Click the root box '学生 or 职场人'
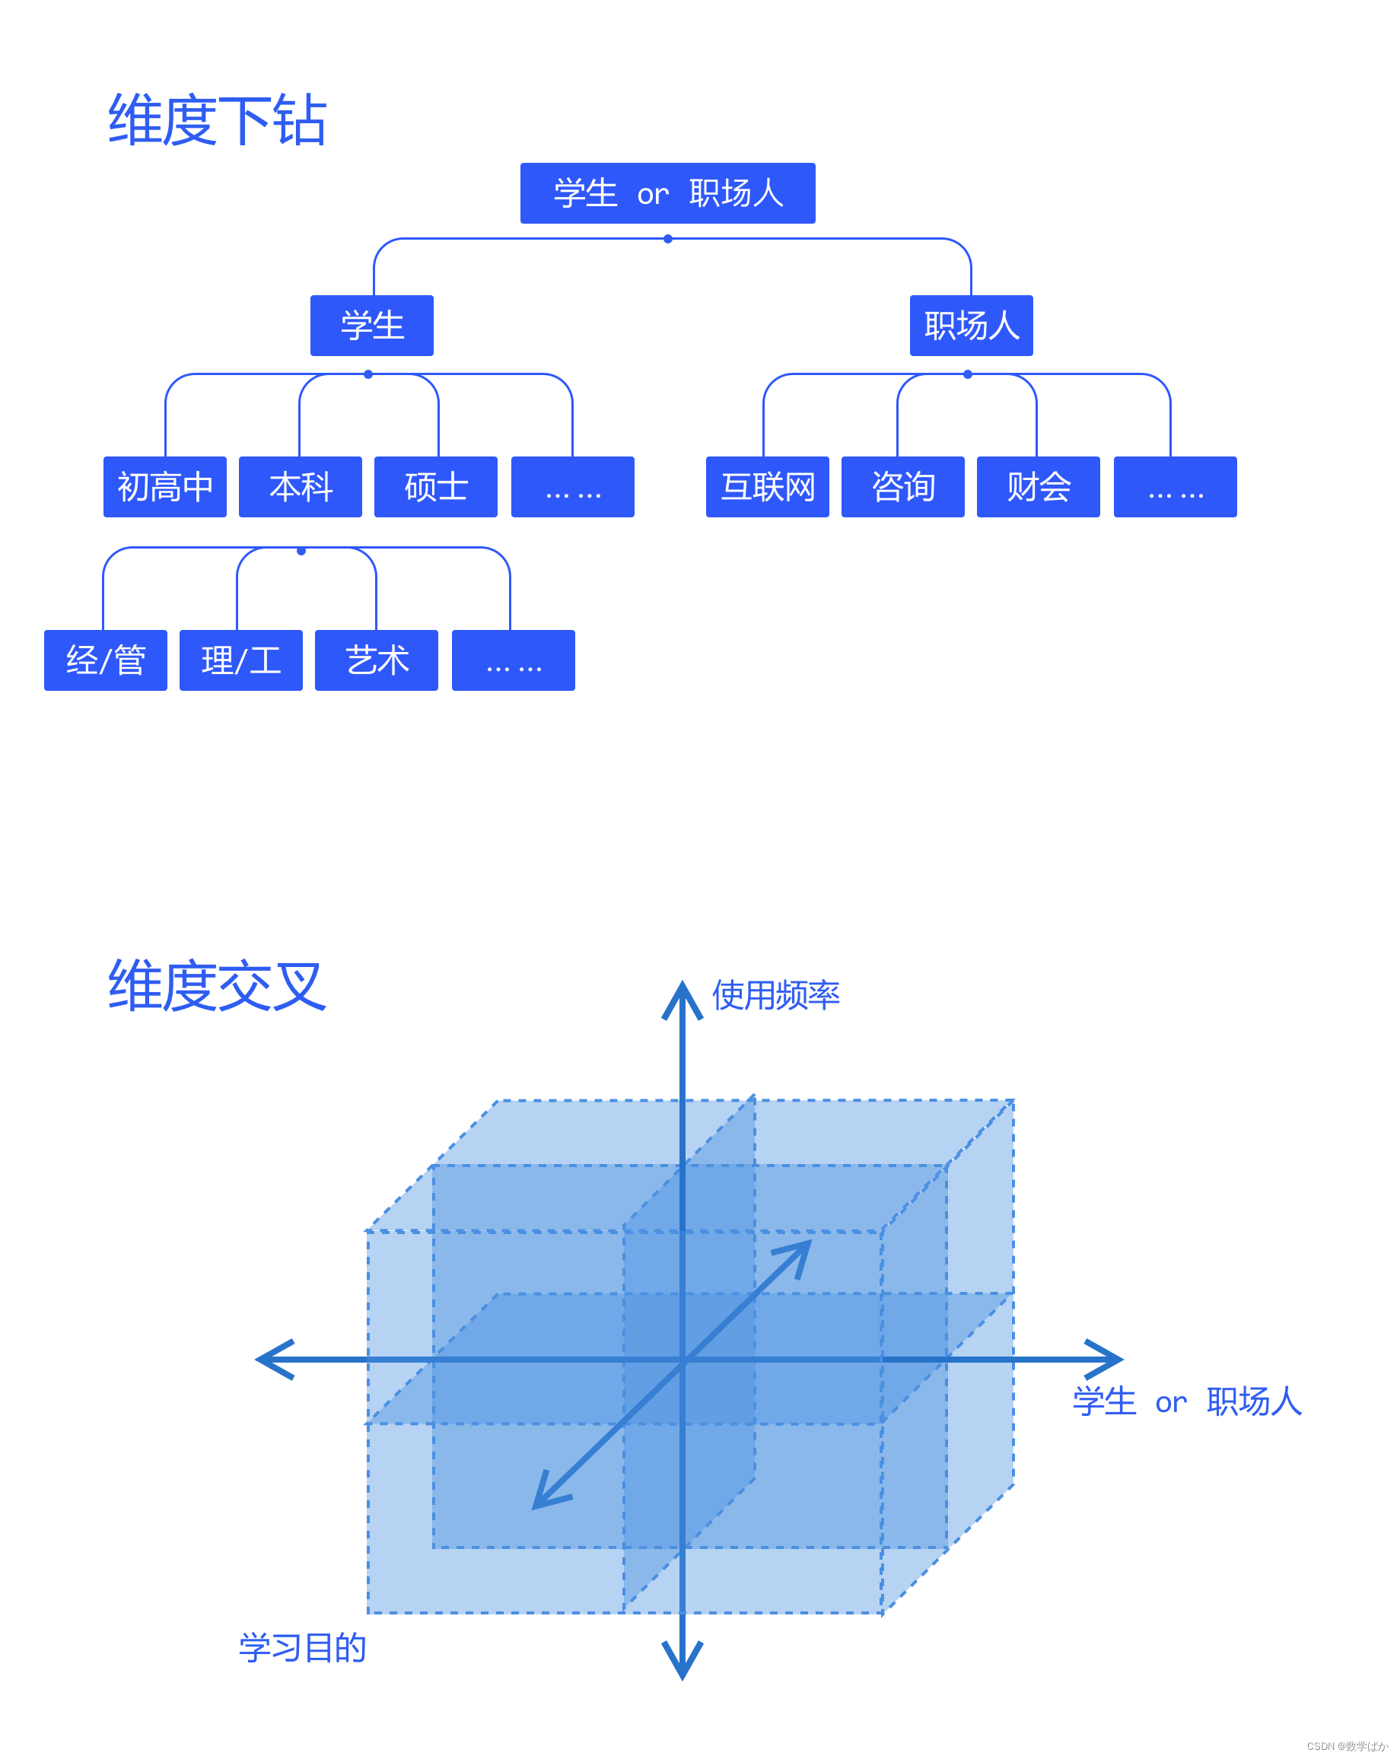(667, 193)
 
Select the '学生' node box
(371, 326)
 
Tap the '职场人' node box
(971, 326)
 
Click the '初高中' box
(165, 487)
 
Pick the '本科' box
(301, 487)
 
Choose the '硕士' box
(436, 487)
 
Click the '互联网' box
(767, 487)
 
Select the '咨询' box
(902, 487)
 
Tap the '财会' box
(1038, 487)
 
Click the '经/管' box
(105, 660)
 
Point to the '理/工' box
(240, 660)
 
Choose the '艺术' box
(376, 660)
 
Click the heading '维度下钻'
(217, 121)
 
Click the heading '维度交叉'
(217, 986)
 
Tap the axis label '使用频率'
(775, 995)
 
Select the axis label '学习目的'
(302, 1647)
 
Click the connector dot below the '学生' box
(368, 374)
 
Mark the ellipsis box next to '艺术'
(513, 660)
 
